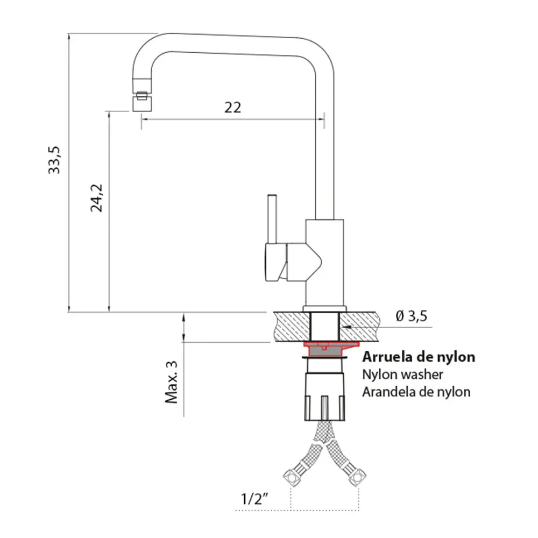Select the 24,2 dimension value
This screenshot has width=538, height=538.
click(97, 197)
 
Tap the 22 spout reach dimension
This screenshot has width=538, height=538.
click(232, 107)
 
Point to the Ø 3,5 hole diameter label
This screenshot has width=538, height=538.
click(411, 316)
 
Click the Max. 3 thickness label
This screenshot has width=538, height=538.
click(171, 382)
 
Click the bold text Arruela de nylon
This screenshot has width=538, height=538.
click(419, 357)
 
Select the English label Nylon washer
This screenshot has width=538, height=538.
click(402, 374)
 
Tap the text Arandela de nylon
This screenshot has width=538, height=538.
click(416, 392)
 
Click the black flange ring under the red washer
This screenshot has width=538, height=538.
click(330, 357)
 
